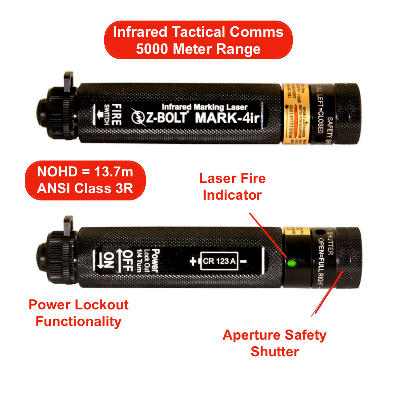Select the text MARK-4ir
pos(227,117)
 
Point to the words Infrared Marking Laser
pos(204,107)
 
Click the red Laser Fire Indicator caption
pos(232,186)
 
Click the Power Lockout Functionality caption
pos(79,313)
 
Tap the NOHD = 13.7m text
pos(85,172)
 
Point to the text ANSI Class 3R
pos(85,189)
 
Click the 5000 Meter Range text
pos(198,49)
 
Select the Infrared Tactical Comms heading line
pos(198,32)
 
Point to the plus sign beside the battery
pos(193,262)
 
